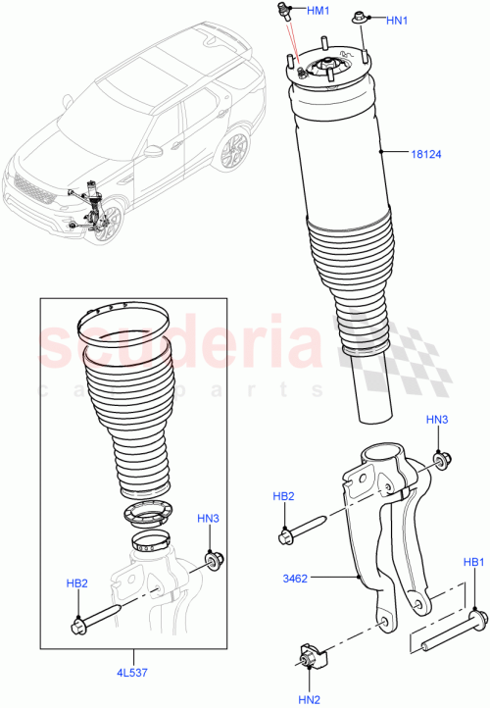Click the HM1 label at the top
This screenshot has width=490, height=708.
319,11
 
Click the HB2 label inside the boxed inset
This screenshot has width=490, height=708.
76,583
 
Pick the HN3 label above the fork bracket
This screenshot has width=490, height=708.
438,420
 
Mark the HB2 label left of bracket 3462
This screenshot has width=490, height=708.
283,497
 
